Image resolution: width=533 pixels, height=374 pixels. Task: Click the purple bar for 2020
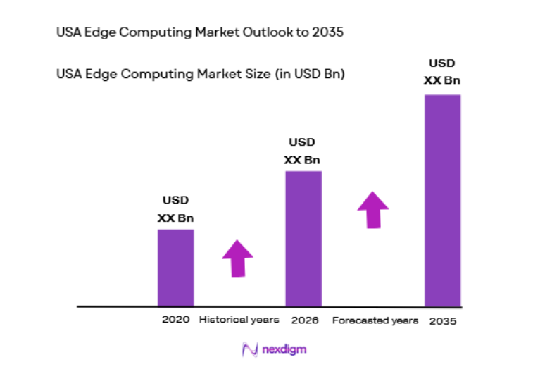(175, 268)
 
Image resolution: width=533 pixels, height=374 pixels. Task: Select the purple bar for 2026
(303, 239)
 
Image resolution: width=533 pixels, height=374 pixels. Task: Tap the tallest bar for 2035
(442, 201)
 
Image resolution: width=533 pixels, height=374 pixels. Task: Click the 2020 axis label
(175, 320)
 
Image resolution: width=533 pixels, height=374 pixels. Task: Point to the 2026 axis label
(303, 320)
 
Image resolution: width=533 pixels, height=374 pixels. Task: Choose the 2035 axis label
(441, 320)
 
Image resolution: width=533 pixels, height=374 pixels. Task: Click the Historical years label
(239, 320)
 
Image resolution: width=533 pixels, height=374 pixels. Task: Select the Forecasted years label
(375, 320)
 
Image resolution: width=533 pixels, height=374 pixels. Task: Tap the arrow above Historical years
(237, 258)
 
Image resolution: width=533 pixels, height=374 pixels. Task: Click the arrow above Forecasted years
(372, 209)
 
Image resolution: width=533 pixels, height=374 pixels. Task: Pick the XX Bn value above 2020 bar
(175, 218)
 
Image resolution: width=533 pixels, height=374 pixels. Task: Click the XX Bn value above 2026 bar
(303, 160)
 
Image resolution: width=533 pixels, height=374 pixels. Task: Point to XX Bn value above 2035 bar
(442, 80)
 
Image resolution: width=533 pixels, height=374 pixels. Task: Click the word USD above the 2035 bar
(442, 63)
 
